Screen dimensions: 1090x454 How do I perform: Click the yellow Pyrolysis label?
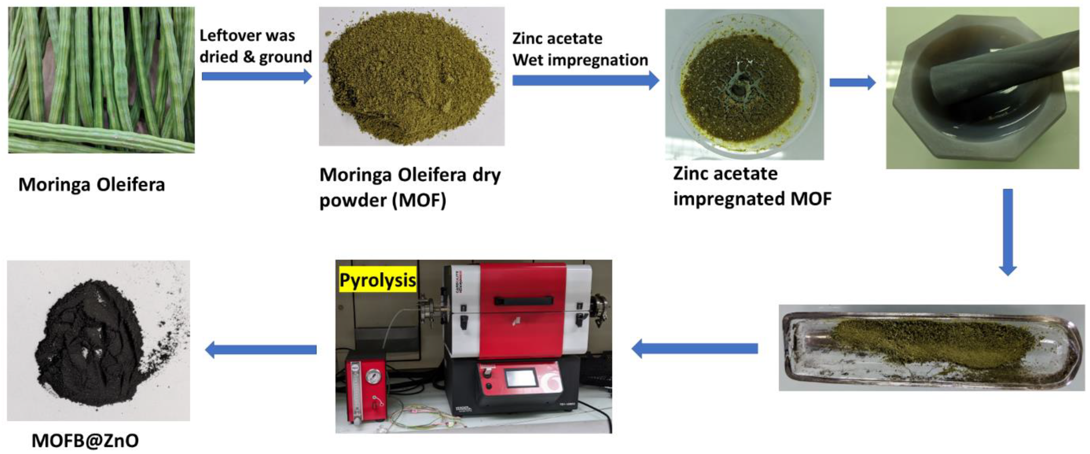click(x=378, y=280)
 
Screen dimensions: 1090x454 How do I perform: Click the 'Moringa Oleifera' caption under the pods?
click(x=91, y=185)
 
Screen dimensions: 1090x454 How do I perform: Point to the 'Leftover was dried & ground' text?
click(x=255, y=46)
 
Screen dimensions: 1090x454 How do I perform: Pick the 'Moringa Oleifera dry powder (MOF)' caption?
click(x=410, y=187)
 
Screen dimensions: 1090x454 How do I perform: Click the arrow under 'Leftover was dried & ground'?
click(x=256, y=76)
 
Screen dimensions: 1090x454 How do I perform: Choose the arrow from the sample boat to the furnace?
click(x=694, y=349)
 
